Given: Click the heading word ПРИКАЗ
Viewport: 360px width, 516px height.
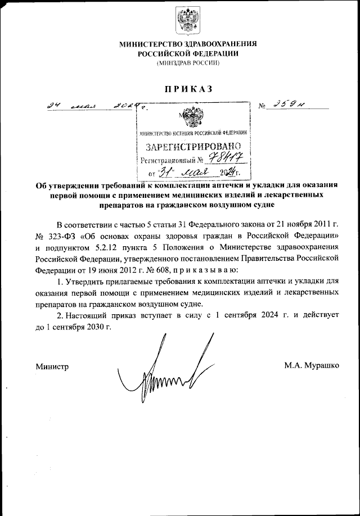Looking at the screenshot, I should [189, 88].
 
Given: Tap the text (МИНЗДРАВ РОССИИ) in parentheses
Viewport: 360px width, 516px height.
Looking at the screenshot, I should [188, 63].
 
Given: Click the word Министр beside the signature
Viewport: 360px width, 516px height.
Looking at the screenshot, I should [52, 366].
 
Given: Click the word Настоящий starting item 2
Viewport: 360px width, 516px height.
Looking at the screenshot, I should [93, 316].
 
